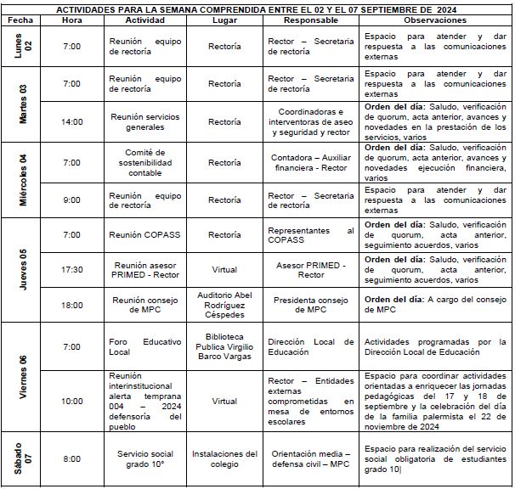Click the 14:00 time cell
click(72, 121)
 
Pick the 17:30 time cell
click(72, 269)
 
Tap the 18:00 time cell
click(72, 304)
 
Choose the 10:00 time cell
click(72, 401)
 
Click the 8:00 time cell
click(72, 459)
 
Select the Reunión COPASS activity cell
click(139, 234)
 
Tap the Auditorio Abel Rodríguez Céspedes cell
click(224, 304)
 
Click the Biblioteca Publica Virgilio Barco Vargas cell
click(224, 346)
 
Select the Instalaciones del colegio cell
click(224, 459)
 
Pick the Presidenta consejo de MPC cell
click(310, 304)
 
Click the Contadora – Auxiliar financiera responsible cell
click(310, 162)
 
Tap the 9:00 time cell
click(72, 200)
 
